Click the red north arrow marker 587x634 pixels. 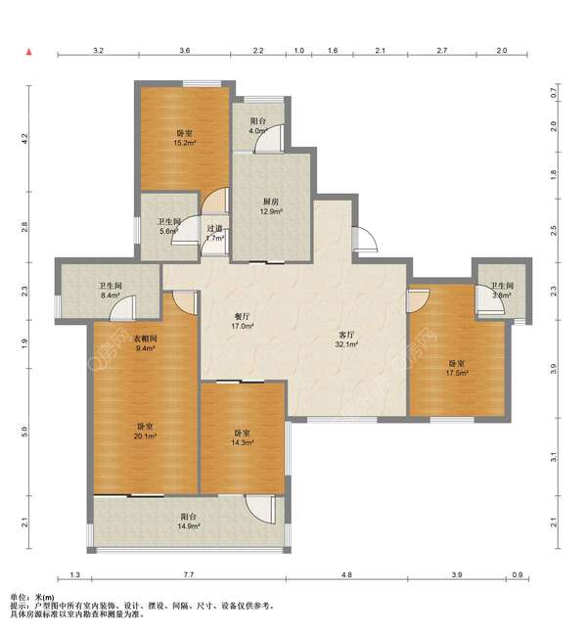tap(28, 52)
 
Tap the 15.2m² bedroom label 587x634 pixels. tap(185, 138)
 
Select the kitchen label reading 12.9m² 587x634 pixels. tap(271, 206)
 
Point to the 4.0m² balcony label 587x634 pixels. tap(258, 126)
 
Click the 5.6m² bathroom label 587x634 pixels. tap(168, 226)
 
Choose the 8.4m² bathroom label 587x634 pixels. tap(111, 291)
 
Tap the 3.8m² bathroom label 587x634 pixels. tap(502, 291)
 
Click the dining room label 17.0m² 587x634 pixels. tap(243, 321)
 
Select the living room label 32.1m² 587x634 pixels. tap(346, 340)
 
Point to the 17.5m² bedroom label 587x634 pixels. tap(457, 368)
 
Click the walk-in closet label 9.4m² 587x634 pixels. tap(145, 343)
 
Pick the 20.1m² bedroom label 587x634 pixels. tap(145, 431)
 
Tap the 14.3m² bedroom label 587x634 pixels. tap(243, 438)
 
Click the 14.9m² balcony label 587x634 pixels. tap(189, 521)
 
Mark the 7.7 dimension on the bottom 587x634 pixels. tap(189, 574)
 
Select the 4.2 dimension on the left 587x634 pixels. tap(25, 139)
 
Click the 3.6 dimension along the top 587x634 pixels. tap(185, 51)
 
